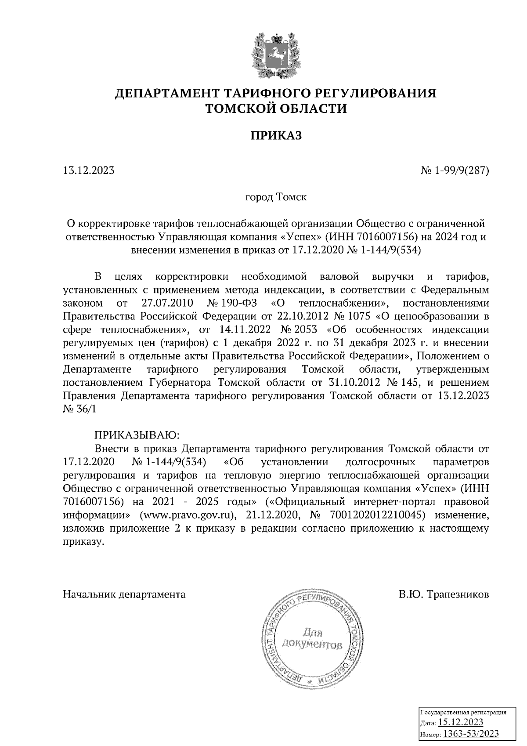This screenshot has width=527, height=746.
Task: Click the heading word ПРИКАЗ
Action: click(x=276, y=136)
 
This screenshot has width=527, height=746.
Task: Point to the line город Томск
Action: click(x=276, y=197)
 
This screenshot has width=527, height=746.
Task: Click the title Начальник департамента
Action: click(x=124, y=594)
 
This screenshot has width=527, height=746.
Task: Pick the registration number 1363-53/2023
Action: click(x=470, y=733)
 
